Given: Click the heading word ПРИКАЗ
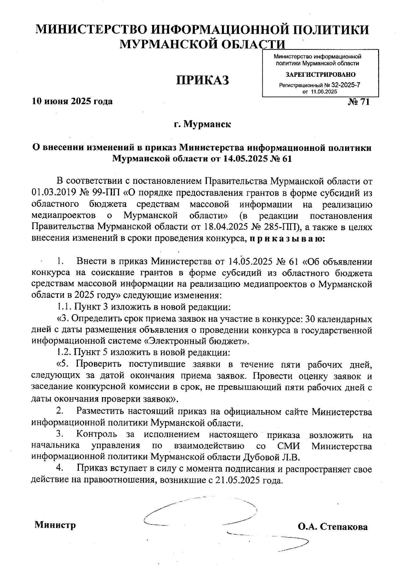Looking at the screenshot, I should click(202, 80).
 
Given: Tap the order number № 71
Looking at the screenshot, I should click(358, 102).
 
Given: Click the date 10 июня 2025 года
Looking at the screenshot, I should click(72, 101).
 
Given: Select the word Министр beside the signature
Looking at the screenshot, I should click(55, 525).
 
